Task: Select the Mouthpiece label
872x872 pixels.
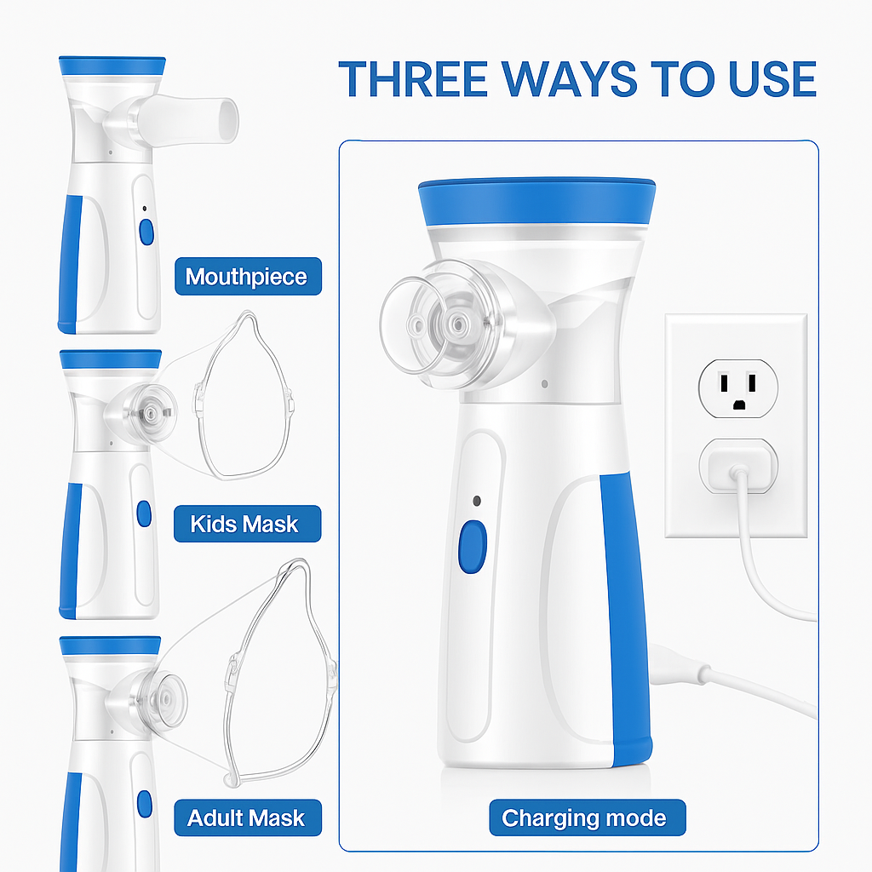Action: click(x=247, y=277)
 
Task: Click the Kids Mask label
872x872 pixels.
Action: click(x=245, y=523)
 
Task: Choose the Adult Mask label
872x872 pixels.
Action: click(x=246, y=818)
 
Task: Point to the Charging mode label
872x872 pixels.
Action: click(x=584, y=818)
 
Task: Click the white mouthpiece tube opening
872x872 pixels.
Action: click(x=226, y=116)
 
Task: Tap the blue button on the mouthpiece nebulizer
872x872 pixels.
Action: click(x=146, y=232)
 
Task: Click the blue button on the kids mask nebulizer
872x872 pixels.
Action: click(x=143, y=513)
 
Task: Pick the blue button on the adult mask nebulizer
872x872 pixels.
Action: click(x=144, y=802)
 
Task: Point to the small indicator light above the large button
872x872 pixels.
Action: click(x=477, y=501)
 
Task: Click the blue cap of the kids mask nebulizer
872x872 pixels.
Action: click(x=111, y=359)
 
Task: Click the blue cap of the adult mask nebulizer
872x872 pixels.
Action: click(x=111, y=645)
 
